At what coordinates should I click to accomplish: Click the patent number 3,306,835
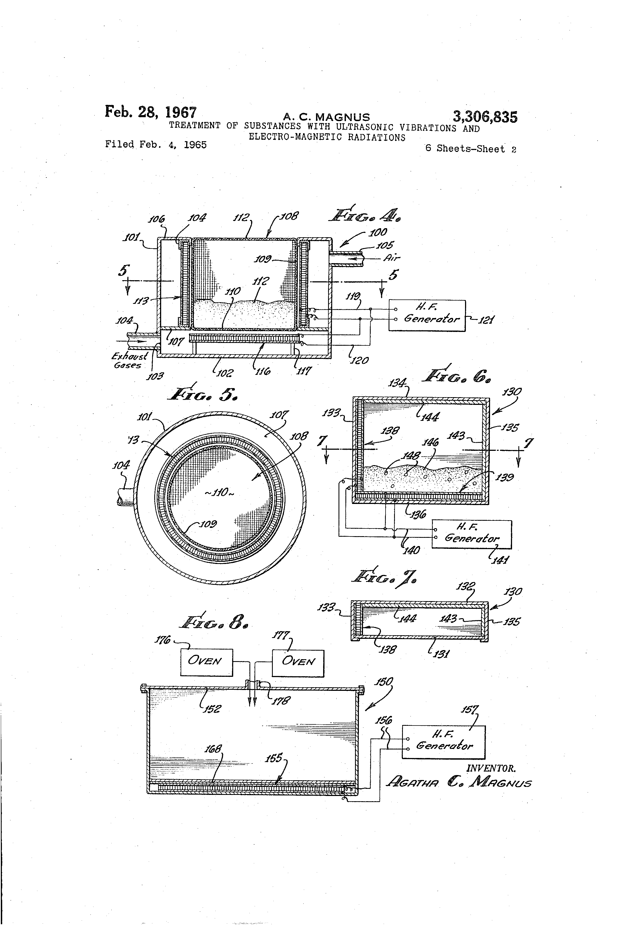point(485,117)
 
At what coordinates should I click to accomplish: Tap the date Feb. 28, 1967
point(151,112)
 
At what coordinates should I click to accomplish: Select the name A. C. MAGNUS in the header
point(326,117)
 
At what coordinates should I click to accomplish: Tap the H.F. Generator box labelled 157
point(444,742)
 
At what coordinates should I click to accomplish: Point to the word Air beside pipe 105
point(392,258)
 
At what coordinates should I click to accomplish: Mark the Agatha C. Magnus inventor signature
point(458,782)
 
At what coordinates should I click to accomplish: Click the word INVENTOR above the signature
point(491,768)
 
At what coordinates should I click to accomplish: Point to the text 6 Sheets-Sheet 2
point(471,149)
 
